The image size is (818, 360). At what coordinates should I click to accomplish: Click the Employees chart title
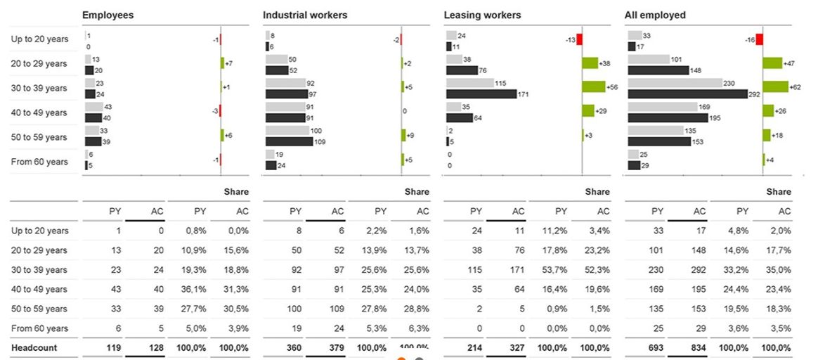pyautogui.click(x=108, y=15)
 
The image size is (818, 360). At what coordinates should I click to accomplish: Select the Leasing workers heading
pyautogui.click(x=483, y=15)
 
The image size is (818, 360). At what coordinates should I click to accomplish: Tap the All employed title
pyautogui.click(x=655, y=15)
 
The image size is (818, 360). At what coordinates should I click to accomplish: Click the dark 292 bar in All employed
pyautogui.click(x=687, y=94)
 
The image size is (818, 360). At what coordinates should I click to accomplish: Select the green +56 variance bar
pyautogui.click(x=593, y=88)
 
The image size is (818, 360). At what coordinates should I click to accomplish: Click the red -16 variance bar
pyautogui.click(x=759, y=39)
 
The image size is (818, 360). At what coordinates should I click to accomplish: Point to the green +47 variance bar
pyautogui.click(x=772, y=63)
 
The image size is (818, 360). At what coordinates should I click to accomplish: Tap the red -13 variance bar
pyautogui.click(x=579, y=39)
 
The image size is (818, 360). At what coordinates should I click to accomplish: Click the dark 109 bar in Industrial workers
pyautogui.click(x=289, y=142)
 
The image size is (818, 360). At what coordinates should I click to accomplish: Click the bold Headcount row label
pyautogui.click(x=34, y=348)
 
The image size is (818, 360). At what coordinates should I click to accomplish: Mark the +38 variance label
pyautogui.click(x=604, y=64)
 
